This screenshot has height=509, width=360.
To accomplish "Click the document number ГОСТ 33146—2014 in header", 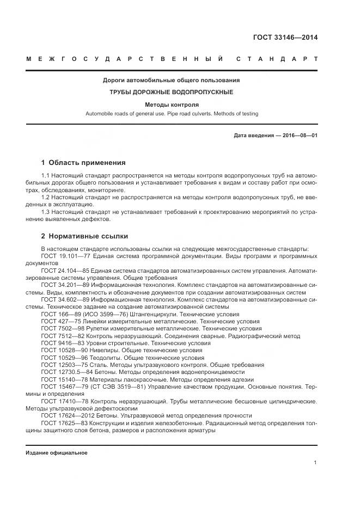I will [285, 38].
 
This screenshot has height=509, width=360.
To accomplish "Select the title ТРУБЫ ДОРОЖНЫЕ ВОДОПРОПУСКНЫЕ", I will [172, 92].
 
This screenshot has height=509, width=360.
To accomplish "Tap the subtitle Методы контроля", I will [172, 104].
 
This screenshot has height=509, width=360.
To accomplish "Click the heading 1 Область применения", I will [83, 162].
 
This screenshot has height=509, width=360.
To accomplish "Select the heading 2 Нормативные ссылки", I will [85, 237].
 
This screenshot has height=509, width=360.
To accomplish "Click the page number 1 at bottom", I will [316, 463].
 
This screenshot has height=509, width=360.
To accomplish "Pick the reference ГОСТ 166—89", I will [57, 314].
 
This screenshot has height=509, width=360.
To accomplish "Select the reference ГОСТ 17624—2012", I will [63, 416].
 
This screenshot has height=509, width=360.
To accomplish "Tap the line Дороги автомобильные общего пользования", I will [172, 81].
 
